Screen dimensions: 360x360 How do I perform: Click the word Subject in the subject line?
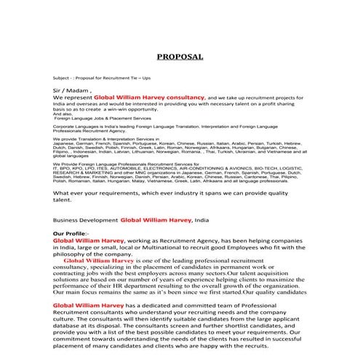pos(63,76)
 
